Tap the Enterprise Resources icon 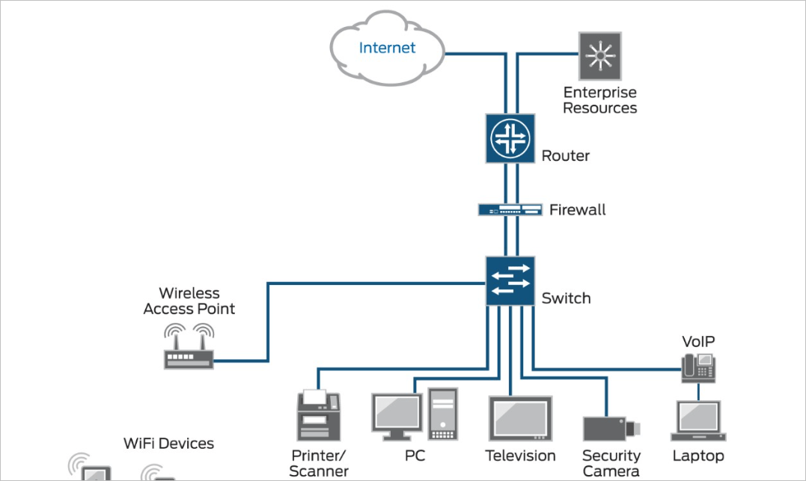(599, 55)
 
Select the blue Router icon (510, 138)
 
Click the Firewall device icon (510, 209)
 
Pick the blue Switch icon (510, 281)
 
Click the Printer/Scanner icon (319, 416)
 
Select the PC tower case (442, 414)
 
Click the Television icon (520, 419)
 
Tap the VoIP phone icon (698, 367)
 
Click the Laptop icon (698, 422)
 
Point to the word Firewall (577, 210)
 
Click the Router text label (565, 156)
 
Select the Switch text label (566, 298)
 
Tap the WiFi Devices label (168, 444)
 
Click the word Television (520, 456)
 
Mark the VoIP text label (698, 342)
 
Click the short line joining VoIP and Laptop (698, 391)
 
